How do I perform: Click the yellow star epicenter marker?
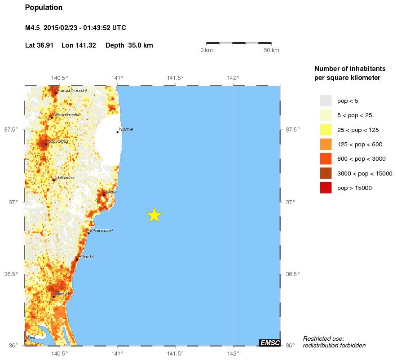(x=154, y=215)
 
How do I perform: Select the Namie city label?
(x=126, y=129)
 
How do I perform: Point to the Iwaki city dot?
(x=104, y=195)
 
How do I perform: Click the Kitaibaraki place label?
(x=101, y=231)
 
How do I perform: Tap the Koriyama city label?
(x=58, y=141)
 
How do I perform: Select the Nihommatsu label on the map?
(x=67, y=115)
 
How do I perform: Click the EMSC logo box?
(x=270, y=343)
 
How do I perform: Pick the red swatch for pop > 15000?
(x=326, y=188)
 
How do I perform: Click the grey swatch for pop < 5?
(x=326, y=101)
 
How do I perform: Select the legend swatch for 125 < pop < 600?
(x=326, y=144)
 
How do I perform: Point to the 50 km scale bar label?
(x=271, y=50)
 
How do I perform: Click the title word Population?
(x=44, y=8)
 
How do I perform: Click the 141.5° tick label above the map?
(x=175, y=78)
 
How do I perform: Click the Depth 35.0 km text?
(x=129, y=45)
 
